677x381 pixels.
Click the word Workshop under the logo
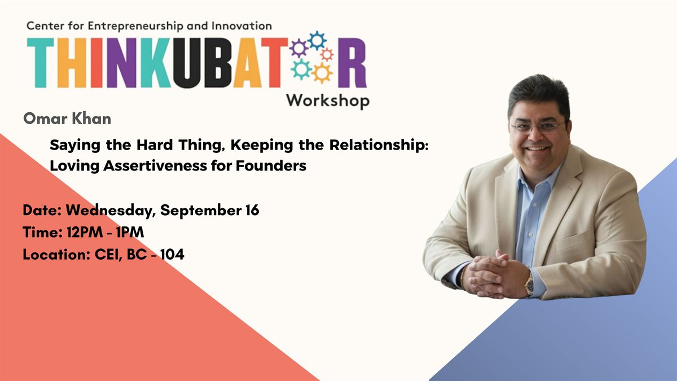coord(328,101)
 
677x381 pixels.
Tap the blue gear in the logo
coord(316,41)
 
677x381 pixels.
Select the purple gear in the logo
coord(298,48)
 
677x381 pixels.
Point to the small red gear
coord(327,55)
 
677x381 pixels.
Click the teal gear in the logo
coord(301,69)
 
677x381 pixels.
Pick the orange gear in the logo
coord(322,73)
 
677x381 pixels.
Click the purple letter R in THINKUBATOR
coord(352,63)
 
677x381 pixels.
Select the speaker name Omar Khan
coord(67,119)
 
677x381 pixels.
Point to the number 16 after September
coord(252,210)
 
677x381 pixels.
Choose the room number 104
coord(172,255)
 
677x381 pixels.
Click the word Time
coord(42,232)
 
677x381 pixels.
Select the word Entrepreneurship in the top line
coord(135,26)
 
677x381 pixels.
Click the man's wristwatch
coord(529,284)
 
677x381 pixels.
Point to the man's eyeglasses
coord(538,126)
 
